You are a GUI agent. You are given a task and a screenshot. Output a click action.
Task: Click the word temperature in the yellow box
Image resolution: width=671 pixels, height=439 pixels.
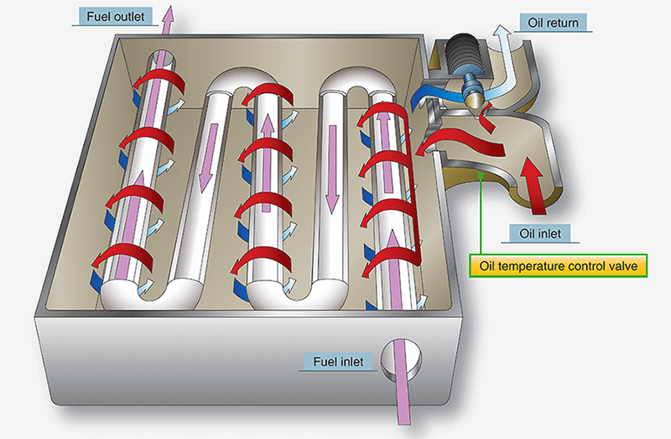coord(550,267)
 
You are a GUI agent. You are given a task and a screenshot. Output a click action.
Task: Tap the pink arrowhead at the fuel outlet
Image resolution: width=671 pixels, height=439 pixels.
coord(169,13)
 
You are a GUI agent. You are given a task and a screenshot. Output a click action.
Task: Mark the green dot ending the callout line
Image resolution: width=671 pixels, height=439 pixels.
coord(479,175)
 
